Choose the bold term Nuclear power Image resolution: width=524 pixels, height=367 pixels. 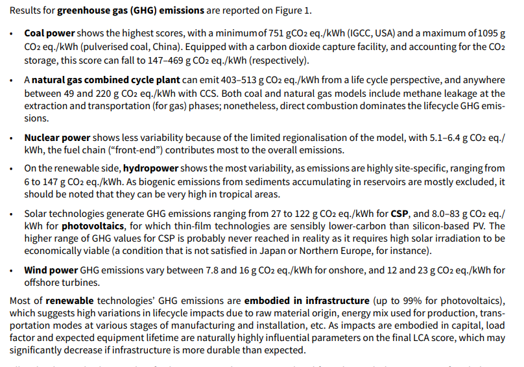pyautogui.click(x=57, y=138)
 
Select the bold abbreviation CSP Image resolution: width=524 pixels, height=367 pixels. pyautogui.click(x=399, y=212)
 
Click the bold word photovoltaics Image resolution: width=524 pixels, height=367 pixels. pyautogui.click(x=93, y=226)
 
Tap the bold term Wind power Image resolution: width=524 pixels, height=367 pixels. pyautogui.click(x=51, y=270)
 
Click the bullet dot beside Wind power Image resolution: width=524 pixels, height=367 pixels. pyautogui.click(x=12, y=270)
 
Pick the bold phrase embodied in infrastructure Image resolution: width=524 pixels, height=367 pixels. pyautogui.click(x=307, y=301)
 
